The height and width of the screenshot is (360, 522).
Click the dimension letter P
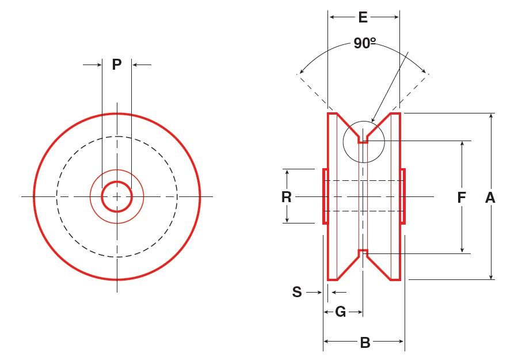click(x=117, y=65)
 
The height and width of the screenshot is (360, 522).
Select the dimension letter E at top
click(x=363, y=17)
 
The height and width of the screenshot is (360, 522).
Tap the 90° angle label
click(x=364, y=44)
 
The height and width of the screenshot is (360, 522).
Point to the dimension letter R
click(x=287, y=197)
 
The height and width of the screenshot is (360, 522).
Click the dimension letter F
click(x=462, y=198)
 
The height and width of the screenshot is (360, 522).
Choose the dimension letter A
click(x=490, y=198)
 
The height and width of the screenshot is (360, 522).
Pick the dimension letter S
click(x=297, y=293)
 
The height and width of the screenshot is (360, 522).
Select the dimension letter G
click(x=341, y=312)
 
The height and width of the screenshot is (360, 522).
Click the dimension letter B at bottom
click(x=365, y=343)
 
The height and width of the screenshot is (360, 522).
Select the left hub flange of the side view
click(x=325, y=196)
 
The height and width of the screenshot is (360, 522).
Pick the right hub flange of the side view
click(x=403, y=196)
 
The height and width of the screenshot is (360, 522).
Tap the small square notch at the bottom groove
click(x=363, y=253)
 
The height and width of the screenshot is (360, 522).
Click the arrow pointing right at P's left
click(x=97, y=65)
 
